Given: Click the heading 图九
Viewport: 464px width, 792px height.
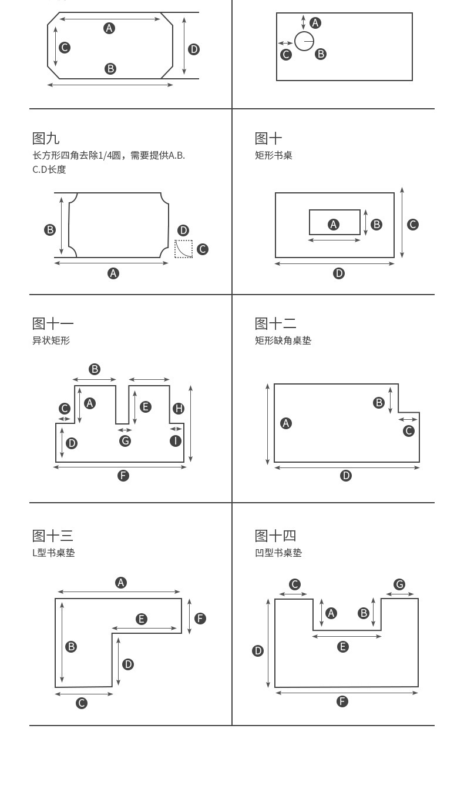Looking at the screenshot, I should tap(46, 139).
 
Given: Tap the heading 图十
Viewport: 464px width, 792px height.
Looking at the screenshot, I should tap(268, 139).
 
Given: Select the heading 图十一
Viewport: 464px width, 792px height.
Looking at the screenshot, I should tap(53, 323).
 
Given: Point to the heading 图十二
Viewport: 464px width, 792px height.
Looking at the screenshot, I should tap(275, 323).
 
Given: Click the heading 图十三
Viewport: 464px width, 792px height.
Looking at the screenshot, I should tap(53, 536).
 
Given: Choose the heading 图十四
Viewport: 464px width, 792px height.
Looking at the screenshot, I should tap(275, 536).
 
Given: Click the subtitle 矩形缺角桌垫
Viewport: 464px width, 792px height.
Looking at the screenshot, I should tap(283, 340).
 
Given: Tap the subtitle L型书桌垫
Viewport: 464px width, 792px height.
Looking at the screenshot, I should tap(53, 553).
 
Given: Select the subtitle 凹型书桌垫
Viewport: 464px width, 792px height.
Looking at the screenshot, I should tap(278, 553).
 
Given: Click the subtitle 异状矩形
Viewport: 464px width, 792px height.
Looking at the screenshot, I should tap(51, 340).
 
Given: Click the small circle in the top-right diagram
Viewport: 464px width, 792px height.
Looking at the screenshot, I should tap(304, 41).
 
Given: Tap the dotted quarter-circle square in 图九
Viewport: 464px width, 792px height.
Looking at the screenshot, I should tap(184, 249).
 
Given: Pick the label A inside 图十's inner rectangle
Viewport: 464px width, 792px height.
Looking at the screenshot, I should tap(334, 224).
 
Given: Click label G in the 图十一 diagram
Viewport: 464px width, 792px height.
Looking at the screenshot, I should tap(125, 441).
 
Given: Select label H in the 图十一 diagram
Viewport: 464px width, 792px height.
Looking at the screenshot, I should tap(179, 409).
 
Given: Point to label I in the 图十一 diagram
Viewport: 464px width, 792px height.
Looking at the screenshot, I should tap(176, 441).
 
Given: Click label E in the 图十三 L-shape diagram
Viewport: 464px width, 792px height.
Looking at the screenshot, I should tap(141, 619).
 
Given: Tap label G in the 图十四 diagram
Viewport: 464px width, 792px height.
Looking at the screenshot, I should tap(399, 584).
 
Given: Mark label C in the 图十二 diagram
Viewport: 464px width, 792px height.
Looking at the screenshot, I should tap(409, 431).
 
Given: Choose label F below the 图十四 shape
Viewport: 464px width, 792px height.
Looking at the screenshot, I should tap(342, 701).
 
